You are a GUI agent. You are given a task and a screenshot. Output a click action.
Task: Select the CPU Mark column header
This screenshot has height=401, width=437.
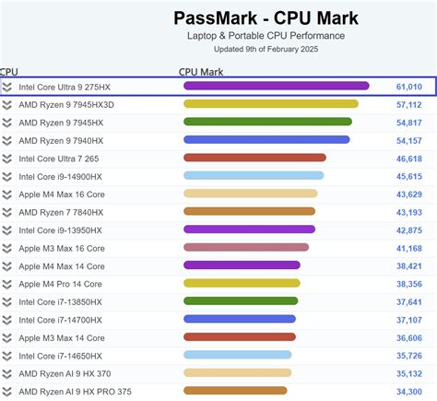[202, 70]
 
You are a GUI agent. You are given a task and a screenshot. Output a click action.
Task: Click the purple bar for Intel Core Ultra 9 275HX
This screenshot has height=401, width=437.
[276, 87]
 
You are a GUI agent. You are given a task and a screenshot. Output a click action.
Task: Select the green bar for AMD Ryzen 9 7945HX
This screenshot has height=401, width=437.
[267, 122]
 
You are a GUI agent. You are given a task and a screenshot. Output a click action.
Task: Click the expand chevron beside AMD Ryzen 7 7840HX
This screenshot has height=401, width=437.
[7, 212]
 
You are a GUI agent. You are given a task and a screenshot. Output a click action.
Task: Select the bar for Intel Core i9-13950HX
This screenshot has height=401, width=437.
[249, 230]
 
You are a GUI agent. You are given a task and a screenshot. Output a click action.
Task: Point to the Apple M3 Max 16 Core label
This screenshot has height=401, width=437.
[62, 248]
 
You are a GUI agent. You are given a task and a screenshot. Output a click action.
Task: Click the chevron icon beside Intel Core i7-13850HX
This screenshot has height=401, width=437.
[7, 301]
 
